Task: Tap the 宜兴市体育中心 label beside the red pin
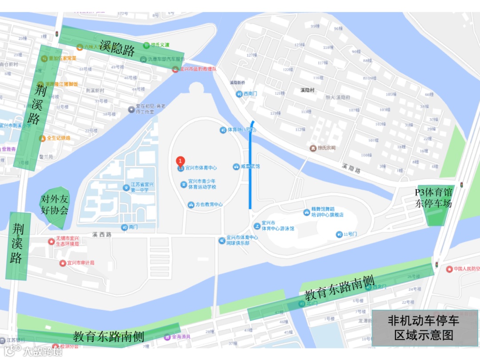[x=201, y=168]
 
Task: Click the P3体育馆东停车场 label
[x=433, y=198]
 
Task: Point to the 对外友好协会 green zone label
[x=55, y=204]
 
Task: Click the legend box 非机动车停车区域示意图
[x=424, y=328]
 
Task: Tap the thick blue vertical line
[x=252, y=165]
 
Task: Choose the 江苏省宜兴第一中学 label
[x=142, y=187]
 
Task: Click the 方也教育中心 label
[x=209, y=204]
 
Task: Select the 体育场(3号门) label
[x=242, y=130]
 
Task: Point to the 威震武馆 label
[x=250, y=167]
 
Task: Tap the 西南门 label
[x=250, y=94]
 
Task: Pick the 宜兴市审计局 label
[x=80, y=263]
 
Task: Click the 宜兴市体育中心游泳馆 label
[x=277, y=225]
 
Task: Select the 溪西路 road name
[x=102, y=234]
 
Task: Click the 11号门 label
[x=350, y=234]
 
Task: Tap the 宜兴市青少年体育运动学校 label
[x=202, y=184]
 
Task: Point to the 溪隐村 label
[x=307, y=90]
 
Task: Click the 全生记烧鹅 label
[x=58, y=138]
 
